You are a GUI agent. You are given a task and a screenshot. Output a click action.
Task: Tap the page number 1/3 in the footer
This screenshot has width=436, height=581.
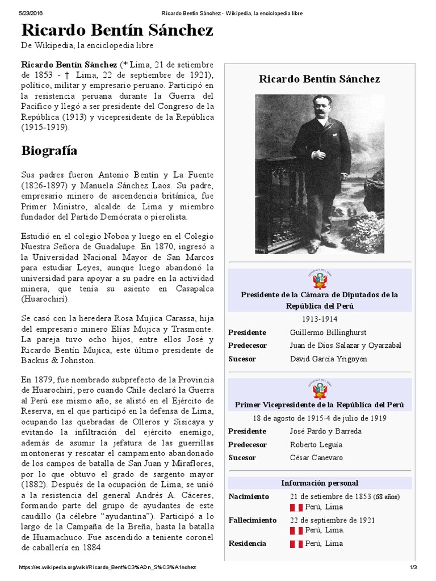pyautogui.click(x=413, y=568)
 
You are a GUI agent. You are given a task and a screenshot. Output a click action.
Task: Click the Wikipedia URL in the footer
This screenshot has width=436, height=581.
pyautogui.click(x=108, y=568)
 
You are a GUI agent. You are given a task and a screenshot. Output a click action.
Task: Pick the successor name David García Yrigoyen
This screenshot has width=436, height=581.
pyautogui.click(x=328, y=359)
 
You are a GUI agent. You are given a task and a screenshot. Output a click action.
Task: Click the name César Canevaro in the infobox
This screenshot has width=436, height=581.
pyautogui.click(x=316, y=458)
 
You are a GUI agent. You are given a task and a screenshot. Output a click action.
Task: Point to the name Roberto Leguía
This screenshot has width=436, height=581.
pyautogui.click(x=316, y=444)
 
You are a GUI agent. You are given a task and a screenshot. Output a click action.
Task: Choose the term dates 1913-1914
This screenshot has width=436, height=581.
pyautogui.click(x=320, y=319)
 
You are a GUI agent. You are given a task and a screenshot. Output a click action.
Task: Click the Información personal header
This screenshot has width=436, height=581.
pyautogui.click(x=320, y=483)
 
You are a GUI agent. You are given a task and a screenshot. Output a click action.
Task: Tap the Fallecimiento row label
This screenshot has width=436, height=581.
pyautogui.click(x=253, y=520)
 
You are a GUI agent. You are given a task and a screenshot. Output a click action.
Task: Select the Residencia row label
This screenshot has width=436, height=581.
pyautogui.click(x=247, y=544)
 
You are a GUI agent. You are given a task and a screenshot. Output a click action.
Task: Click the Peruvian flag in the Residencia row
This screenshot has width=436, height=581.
pyautogui.click(x=296, y=544)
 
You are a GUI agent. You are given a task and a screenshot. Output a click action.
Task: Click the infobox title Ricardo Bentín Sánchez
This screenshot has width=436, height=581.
pyautogui.click(x=320, y=79)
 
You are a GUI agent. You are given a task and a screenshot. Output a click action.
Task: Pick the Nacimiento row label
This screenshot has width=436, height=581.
pyautogui.click(x=249, y=497)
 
